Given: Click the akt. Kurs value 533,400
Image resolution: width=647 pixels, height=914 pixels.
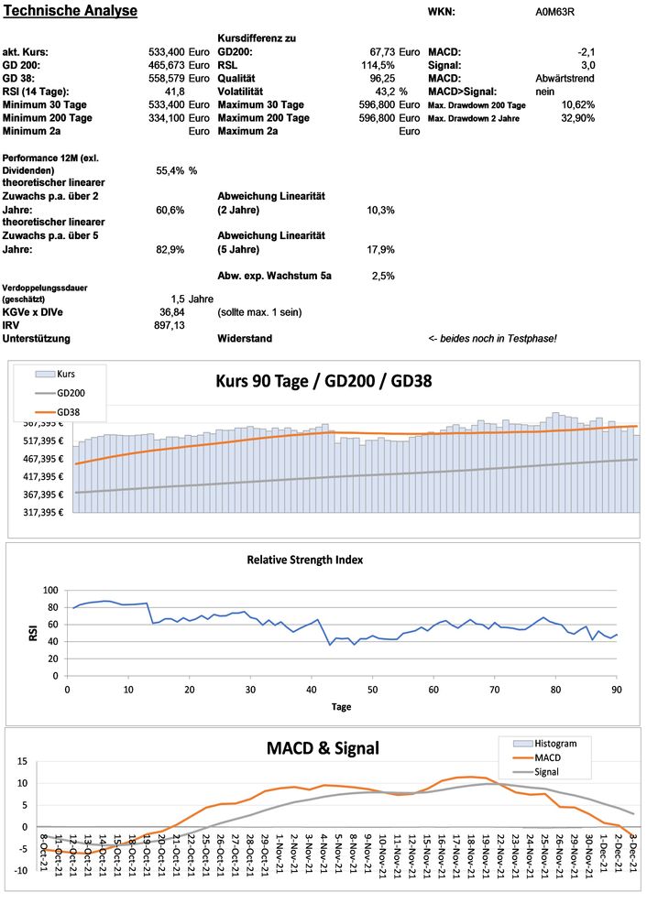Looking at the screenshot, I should point(167,52).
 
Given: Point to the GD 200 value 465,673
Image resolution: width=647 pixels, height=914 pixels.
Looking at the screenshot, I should point(167,66).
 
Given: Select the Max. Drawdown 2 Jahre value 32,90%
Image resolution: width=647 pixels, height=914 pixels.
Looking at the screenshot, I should point(578,118).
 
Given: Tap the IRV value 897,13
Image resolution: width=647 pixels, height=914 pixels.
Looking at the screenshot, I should point(170,325).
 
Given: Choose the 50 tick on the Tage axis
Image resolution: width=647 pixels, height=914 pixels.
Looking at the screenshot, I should point(372,689).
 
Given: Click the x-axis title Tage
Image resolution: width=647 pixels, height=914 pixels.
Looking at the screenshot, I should point(341,707).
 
